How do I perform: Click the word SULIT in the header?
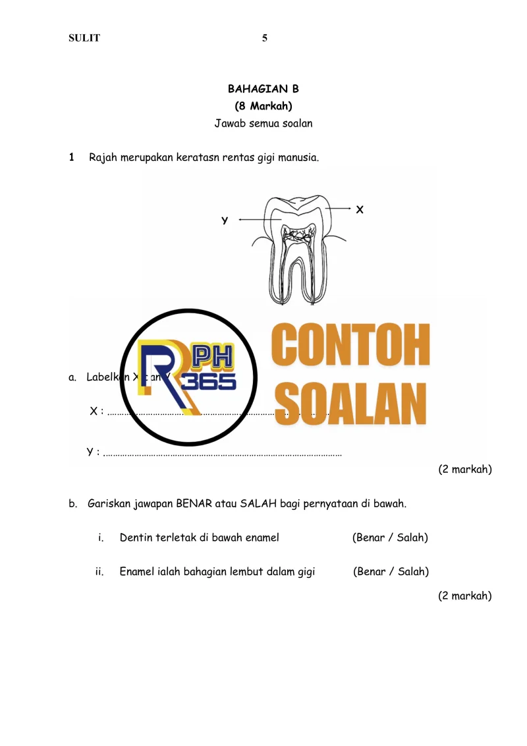(x=84, y=38)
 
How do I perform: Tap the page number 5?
(x=265, y=38)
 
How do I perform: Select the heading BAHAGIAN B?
(x=263, y=89)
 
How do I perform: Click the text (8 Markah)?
(x=263, y=106)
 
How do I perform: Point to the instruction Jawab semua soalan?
(x=263, y=123)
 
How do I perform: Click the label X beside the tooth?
(x=360, y=210)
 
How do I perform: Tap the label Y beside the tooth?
(x=225, y=220)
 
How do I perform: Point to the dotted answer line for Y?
(x=224, y=454)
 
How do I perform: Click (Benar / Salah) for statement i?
(x=390, y=538)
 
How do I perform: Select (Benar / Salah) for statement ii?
(x=391, y=572)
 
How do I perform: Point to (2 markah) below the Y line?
(x=465, y=470)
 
